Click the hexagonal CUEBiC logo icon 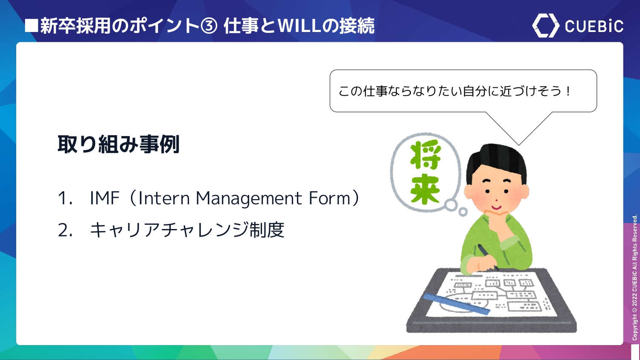pyautogui.click(x=545, y=26)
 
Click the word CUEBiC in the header pyautogui.click(x=594, y=26)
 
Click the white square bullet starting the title pyautogui.click(x=32, y=26)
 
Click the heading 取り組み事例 pyautogui.click(x=119, y=144)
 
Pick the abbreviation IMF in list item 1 pyautogui.click(x=105, y=198)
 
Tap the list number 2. pyautogui.click(x=64, y=230)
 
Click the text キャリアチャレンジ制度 pyautogui.click(x=187, y=230)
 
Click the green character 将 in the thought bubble pyautogui.click(x=425, y=155)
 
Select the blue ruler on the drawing pyautogui.click(x=456, y=304)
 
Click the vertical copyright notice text pyautogui.click(x=634, y=278)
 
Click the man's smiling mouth pyautogui.click(x=496, y=207)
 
